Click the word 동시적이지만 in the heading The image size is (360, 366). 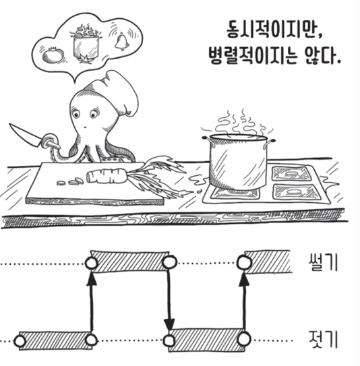(269, 30)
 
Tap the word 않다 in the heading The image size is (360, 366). (319, 56)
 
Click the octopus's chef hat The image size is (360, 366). (115, 94)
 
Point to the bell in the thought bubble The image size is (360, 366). (122, 42)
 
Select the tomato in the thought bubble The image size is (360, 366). (53, 55)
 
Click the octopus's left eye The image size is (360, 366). (76, 114)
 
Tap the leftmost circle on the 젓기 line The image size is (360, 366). (20, 341)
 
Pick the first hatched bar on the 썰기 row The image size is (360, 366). (130, 262)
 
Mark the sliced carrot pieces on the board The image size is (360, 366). (70, 181)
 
